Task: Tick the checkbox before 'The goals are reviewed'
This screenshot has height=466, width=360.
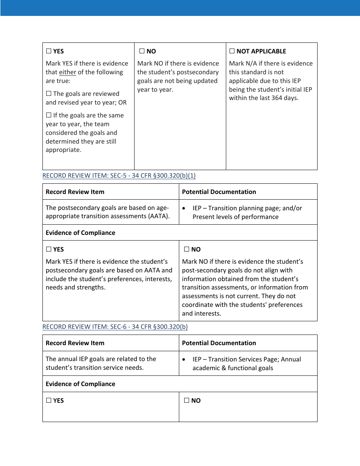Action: [x=49, y=94]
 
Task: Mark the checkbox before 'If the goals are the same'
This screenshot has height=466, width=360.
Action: [x=49, y=115]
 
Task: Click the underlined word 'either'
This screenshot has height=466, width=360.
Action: [x=67, y=72]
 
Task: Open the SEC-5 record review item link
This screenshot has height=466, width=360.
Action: [x=119, y=176]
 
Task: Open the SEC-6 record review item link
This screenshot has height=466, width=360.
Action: [x=115, y=327]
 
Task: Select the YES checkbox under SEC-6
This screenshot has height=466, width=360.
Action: [x=49, y=400]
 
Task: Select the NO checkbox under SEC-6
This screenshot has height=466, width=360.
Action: [x=186, y=400]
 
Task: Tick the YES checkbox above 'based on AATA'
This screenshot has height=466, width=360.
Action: [x=49, y=249]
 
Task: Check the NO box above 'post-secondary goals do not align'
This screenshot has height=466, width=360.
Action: [x=186, y=249]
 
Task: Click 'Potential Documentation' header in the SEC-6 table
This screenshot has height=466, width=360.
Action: [x=219, y=343]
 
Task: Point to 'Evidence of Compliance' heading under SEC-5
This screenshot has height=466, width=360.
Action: [x=80, y=233]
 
